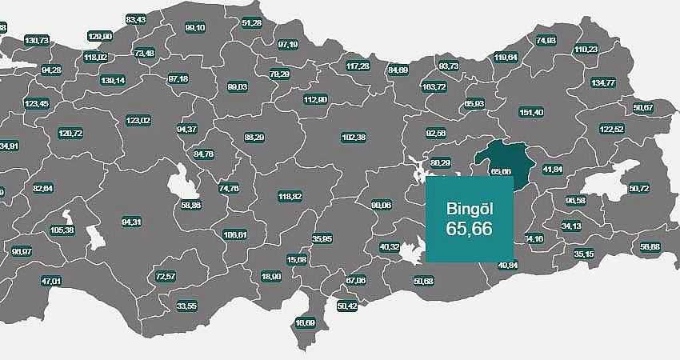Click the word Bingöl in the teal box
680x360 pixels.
click(469, 209)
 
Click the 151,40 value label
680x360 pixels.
click(531, 112)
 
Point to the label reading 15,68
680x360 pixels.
click(296, 259)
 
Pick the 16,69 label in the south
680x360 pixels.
click(306, 322)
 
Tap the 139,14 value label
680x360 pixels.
click(113, 80)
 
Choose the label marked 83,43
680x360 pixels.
click(136, 19)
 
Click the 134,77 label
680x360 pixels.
click(602, 82)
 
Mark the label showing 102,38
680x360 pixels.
click(353, 137)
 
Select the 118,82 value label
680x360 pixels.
click(290, 196)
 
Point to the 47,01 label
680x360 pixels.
click(50, 281)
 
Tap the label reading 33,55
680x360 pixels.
click(186, 306)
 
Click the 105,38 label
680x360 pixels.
click(62, 230)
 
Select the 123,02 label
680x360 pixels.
click(138, 120)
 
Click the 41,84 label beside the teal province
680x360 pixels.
click(552, 169)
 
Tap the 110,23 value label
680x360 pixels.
click(586, 49)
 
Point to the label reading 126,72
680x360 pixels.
click(70, 132)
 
